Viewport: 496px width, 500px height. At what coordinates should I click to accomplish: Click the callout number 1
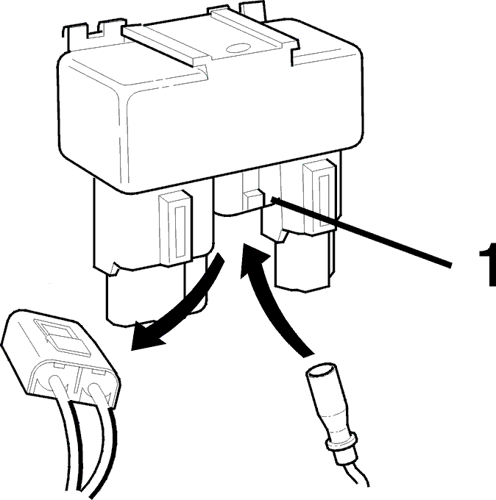tap(489, 265)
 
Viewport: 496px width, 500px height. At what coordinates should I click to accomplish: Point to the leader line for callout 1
tap(361, 232)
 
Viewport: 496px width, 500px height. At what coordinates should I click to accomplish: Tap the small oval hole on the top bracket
tap(238, 49)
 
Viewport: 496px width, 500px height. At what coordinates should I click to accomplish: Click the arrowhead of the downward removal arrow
tap(146, 337)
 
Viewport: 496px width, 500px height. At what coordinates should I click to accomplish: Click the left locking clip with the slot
tap(176, 228)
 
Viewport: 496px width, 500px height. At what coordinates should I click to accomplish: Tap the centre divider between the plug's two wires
tap(77, 379)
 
